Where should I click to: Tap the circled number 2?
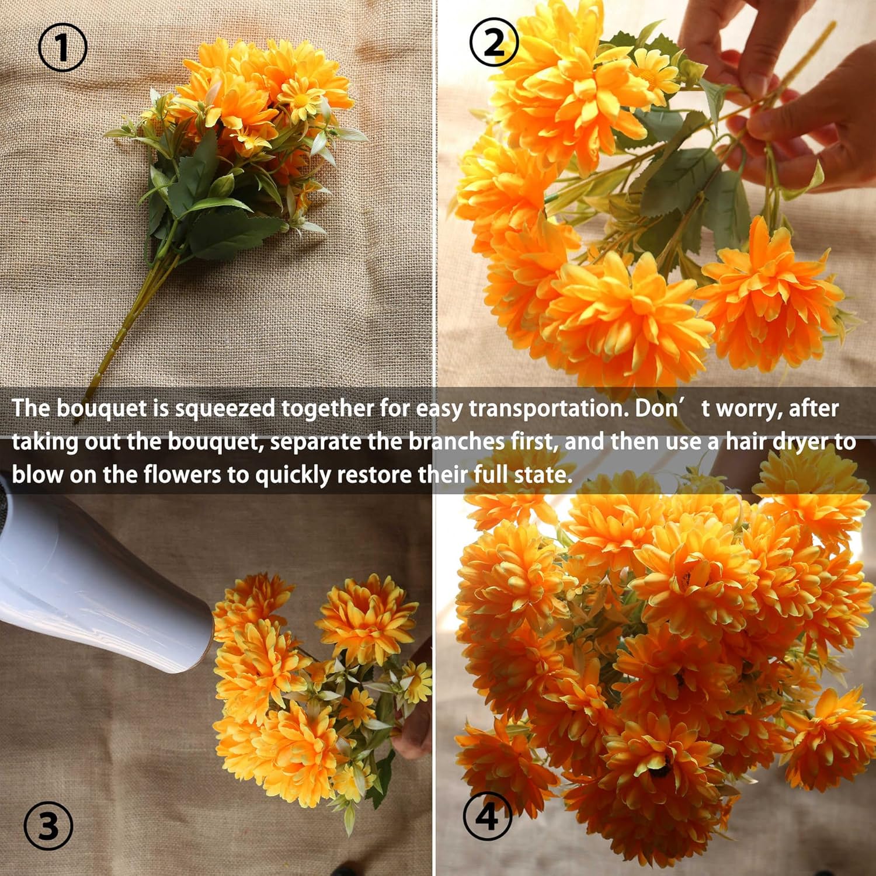click(x=494, y=42)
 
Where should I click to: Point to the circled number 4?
click(x=487, y=815)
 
